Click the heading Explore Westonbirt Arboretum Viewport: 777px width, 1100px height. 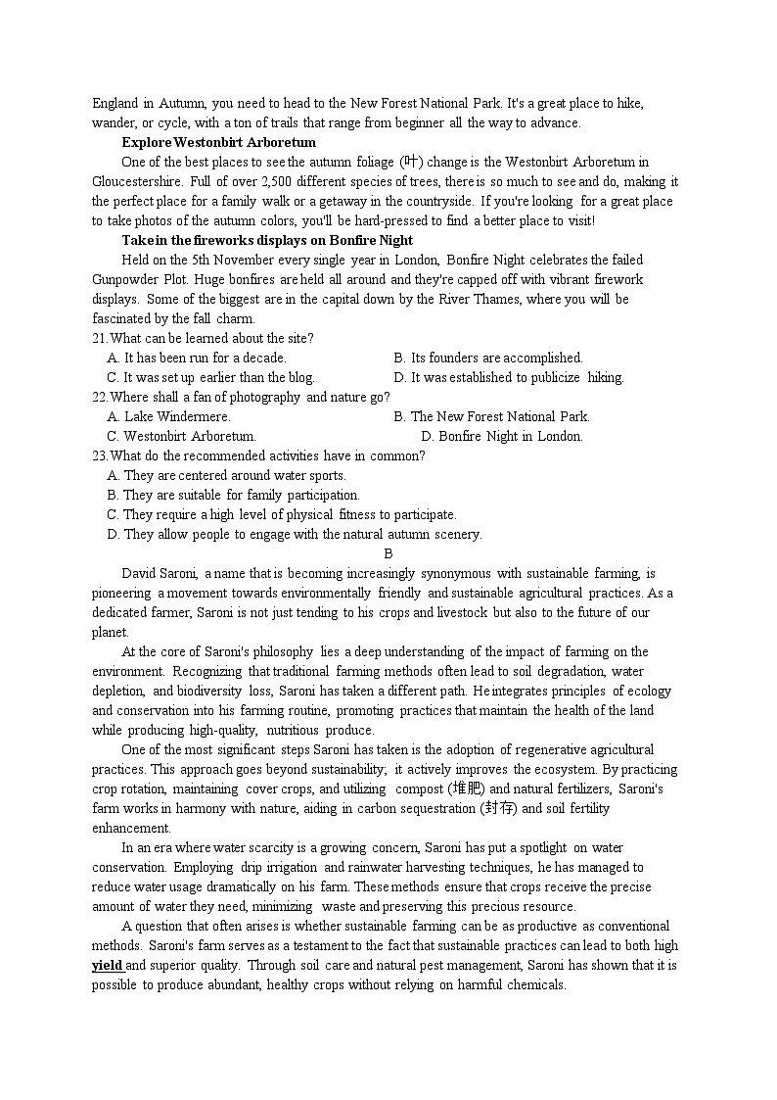coord(218,142)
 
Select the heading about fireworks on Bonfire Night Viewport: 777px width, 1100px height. coord(266,240)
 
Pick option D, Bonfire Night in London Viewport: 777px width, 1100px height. coord(501,436)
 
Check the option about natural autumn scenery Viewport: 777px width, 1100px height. coord(294,534)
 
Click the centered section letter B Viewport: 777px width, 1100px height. coord(388,553)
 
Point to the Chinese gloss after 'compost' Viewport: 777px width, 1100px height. coord(467,789)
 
